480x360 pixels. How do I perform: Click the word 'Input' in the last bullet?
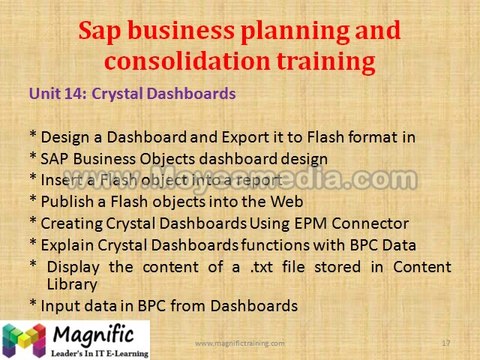[x=59, y=305]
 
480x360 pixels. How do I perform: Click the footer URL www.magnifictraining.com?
[x=239, y=344]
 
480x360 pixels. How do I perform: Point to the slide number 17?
[x=445, y=344]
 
